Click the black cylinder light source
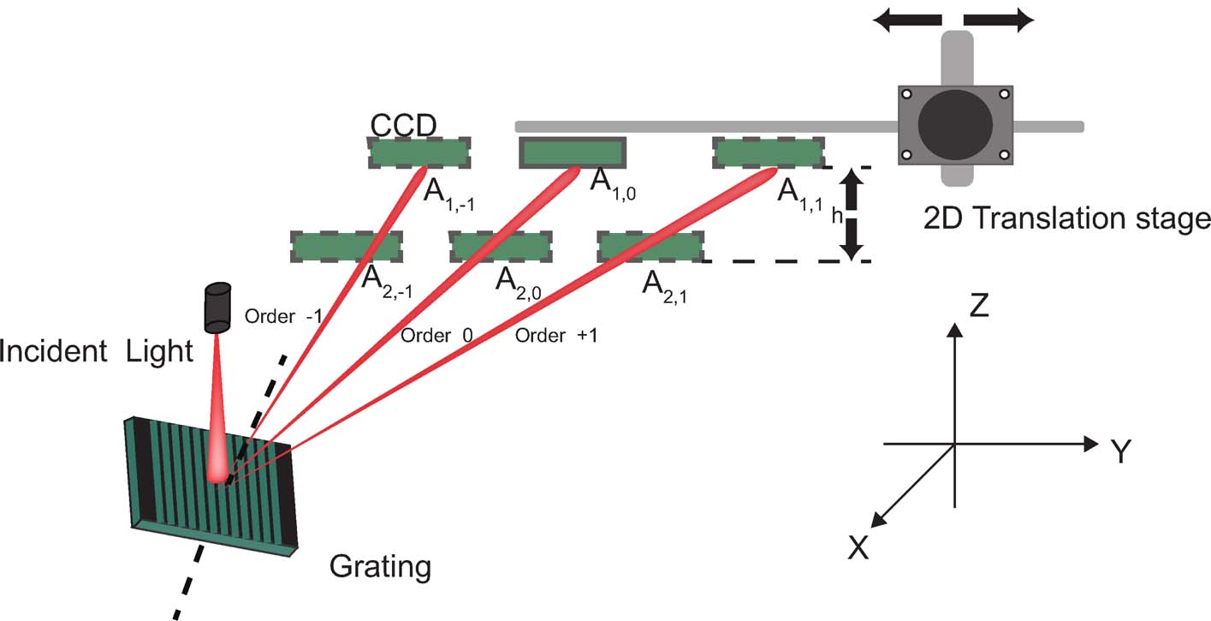217,308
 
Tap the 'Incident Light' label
97,350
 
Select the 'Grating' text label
380,566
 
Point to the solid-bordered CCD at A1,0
573,153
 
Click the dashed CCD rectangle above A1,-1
419,153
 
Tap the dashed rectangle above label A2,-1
346,247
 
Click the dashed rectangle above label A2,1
650,247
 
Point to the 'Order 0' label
437,335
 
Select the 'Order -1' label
283,316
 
